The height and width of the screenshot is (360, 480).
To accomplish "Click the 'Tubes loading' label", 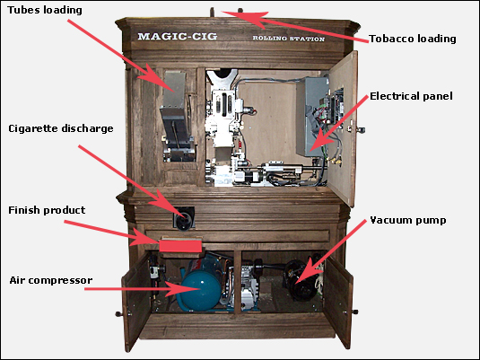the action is pyautogui.click(x=45, y=10).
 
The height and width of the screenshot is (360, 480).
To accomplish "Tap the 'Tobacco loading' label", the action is pyautogui.click(x=413, y=39).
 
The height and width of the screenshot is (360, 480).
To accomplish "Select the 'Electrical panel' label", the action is pyautogui.click(x=411, y=96).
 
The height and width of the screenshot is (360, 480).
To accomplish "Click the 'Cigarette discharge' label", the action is pyautogui.click(x=61, y=128).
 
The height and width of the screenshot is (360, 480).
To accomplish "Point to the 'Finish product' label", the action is pyautogui.click(x=47, y=210).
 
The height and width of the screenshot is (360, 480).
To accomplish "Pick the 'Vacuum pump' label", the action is pyautogui.click(x=408, y=220).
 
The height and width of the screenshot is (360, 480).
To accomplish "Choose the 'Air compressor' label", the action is pyautogui.click(x=51, y=281).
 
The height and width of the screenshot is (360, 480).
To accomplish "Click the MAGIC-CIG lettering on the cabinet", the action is pyautogui.click(x=178, y=37).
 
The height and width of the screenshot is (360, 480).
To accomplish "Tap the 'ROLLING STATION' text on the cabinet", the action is pyautogui.click(x=288, y=39).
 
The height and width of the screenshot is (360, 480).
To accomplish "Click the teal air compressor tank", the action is pyautogui.click(x=201, y=291).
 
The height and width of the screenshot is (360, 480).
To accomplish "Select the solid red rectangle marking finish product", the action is pyautogui.click(x=180, y=246).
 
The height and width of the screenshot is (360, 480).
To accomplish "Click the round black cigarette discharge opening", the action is pyautogui.click(x=184, y=218).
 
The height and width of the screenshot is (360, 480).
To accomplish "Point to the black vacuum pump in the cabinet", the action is pyautogui.click(x=300, y=280).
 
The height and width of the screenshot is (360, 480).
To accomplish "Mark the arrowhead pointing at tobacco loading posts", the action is pyautogui.click(x=242, y=18).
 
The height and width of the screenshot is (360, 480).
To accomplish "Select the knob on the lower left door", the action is pyautogui.click(x=118, y=314).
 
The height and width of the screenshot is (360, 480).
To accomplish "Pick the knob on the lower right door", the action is pyautogui.click(x=354, y=312).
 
